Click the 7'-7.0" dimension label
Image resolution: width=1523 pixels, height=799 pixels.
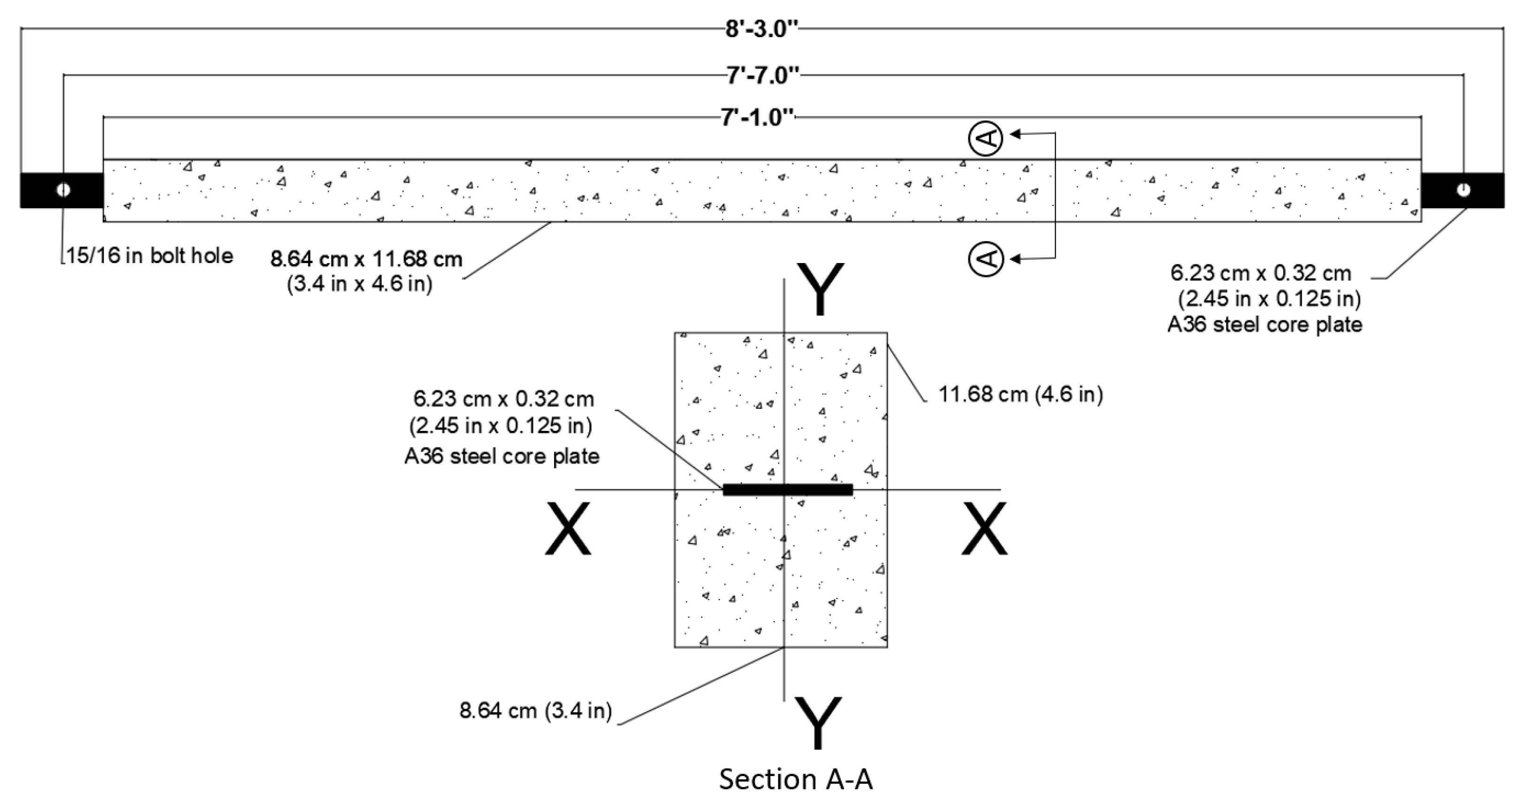(x=763, y=75)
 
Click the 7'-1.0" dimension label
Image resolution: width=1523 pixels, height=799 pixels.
(x=757, y=118)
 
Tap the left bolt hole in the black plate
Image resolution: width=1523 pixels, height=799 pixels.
(x=63, y=190)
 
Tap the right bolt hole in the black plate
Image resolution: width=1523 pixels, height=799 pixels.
(x=1463, y=190)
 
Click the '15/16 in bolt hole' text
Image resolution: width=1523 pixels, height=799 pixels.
(x=150, y=256)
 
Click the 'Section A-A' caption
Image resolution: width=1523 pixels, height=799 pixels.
(x=795, y=779)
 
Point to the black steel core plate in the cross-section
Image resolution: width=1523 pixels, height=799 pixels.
(x=787, y=490)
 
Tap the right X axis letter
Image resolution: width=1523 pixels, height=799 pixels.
(x=984, y=528)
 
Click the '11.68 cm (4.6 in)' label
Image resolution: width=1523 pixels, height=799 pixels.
(x=1020, y=394)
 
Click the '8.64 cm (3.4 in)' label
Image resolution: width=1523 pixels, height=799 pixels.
(x=535, y=710)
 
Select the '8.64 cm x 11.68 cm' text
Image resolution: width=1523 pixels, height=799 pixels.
(x=366, y=259)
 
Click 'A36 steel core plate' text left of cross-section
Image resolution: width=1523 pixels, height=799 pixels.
(x=502, y=456)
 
